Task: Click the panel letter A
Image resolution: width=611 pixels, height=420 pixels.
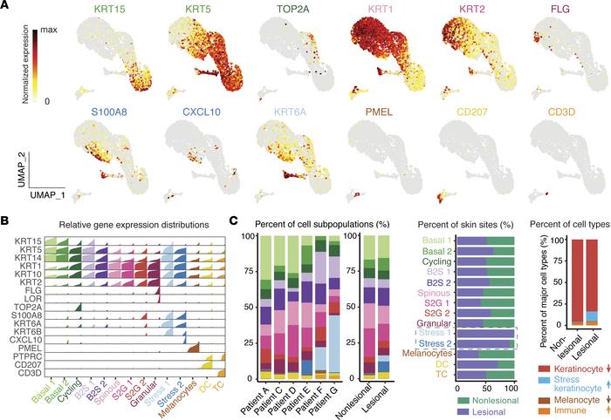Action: click(x=8, y=8)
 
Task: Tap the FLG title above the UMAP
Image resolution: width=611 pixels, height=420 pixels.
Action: click(x=558, y=11)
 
